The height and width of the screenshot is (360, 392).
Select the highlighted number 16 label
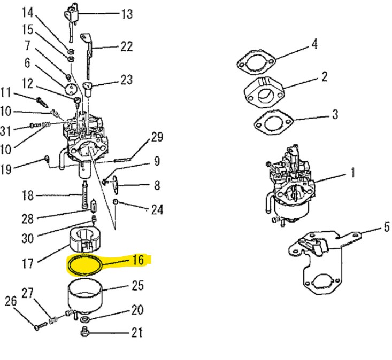tap(137, 260)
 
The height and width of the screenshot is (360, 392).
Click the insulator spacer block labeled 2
tap(264, 92)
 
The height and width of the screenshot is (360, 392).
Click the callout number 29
tap(156, 137)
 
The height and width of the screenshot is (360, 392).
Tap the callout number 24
tap(156, 209)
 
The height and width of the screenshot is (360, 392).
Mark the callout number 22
tap(126, 46)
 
